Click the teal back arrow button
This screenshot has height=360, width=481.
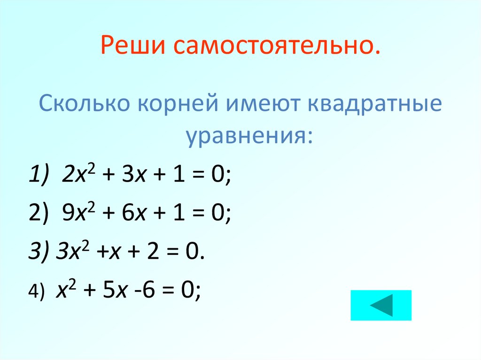(x=380, y=305)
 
